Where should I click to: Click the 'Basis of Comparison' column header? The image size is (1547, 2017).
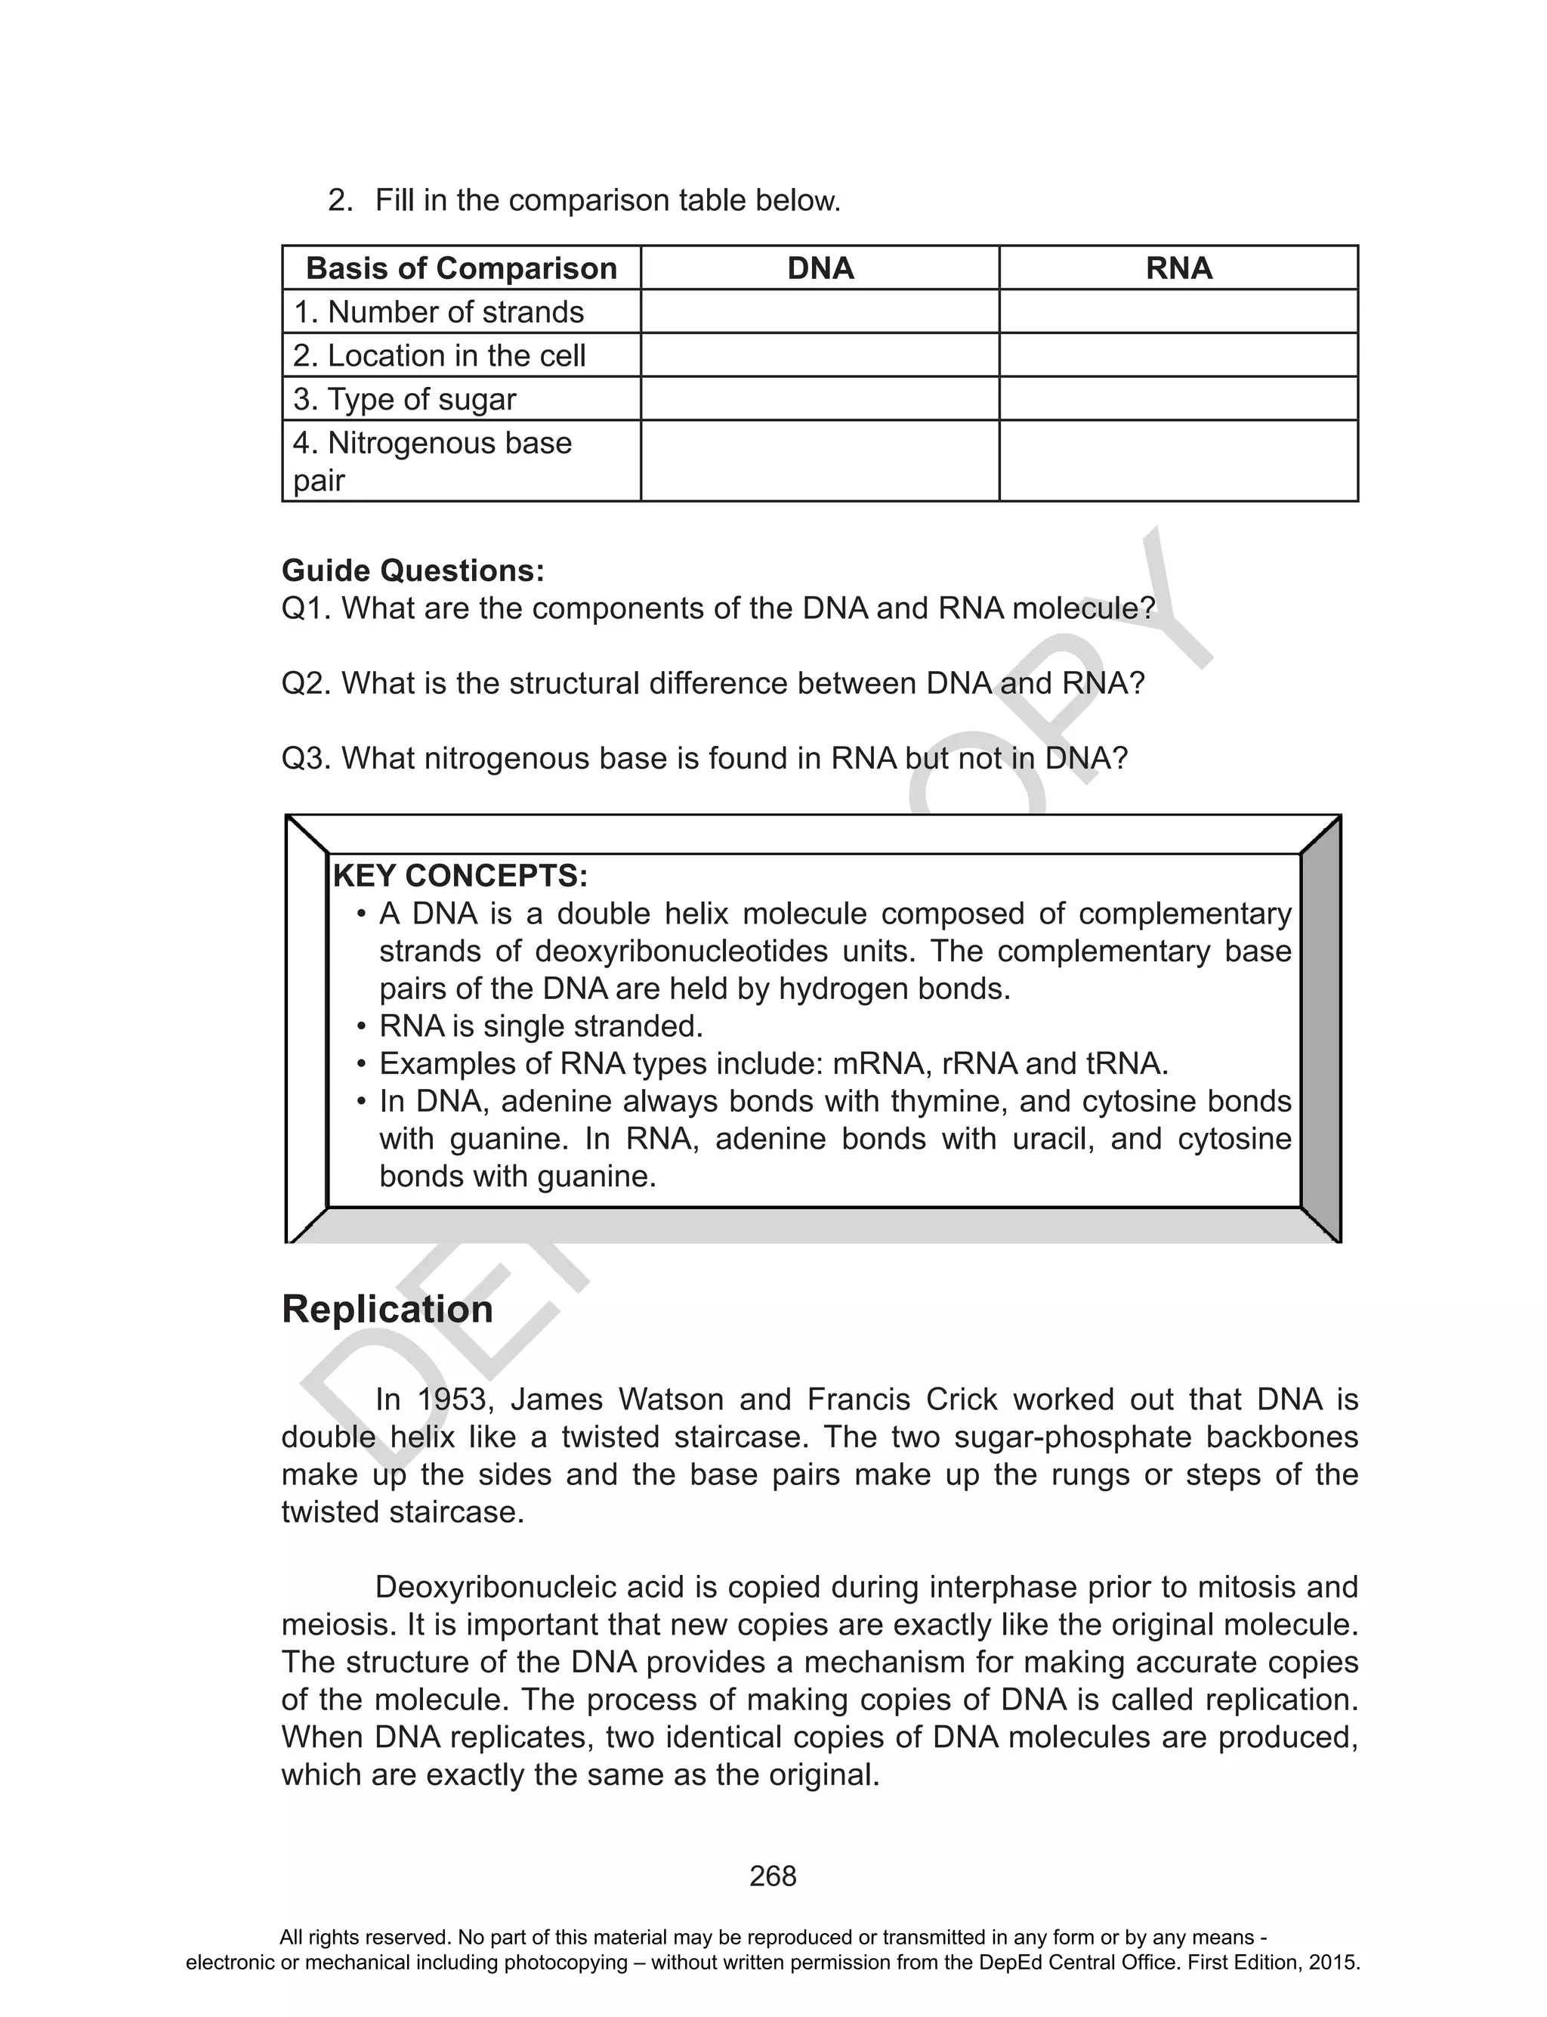click(x=461, y=268)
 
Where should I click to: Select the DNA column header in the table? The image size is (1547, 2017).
click(x=820, y=268)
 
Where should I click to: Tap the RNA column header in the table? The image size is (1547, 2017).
click(x=1178, y=268)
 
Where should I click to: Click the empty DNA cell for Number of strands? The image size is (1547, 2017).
click(x=820, y=311)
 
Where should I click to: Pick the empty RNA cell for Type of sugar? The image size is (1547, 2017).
click(x=1178, y=399)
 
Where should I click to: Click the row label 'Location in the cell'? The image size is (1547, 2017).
click(x=439, y=355)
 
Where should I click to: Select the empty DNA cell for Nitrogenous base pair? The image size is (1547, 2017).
click(x=820, y=460)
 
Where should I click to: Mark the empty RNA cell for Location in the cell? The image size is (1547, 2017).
click(x=1178, y=355)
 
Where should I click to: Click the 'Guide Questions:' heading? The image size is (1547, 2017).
click(x=412, y=570)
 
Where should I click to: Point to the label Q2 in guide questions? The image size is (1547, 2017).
click(x=306, y=683)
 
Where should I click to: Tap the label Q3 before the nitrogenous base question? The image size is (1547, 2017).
click(x=306, y=758)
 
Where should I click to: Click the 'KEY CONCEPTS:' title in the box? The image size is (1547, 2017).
click(x=459, y=875)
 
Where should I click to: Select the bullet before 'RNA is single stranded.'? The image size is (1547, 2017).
click(x=361, y=1027)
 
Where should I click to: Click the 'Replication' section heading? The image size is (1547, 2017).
click(x=387, y=1309)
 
